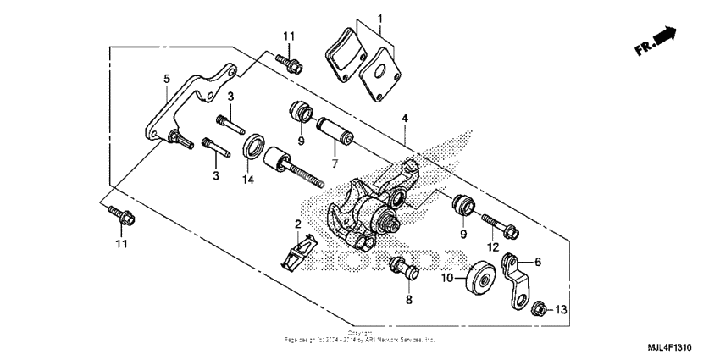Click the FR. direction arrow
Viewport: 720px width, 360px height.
click(x=656, y=43)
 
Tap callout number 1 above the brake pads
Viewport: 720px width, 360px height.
click(x=380, y=18)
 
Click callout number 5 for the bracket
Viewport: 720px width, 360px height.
click(x=166, y=78)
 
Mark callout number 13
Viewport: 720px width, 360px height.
click(x=560, y=310)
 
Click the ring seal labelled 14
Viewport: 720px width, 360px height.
click(x=252, y=151)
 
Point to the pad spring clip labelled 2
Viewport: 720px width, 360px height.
click(x=296, y=251)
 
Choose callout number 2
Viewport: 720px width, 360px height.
click(x=298, y=223)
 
